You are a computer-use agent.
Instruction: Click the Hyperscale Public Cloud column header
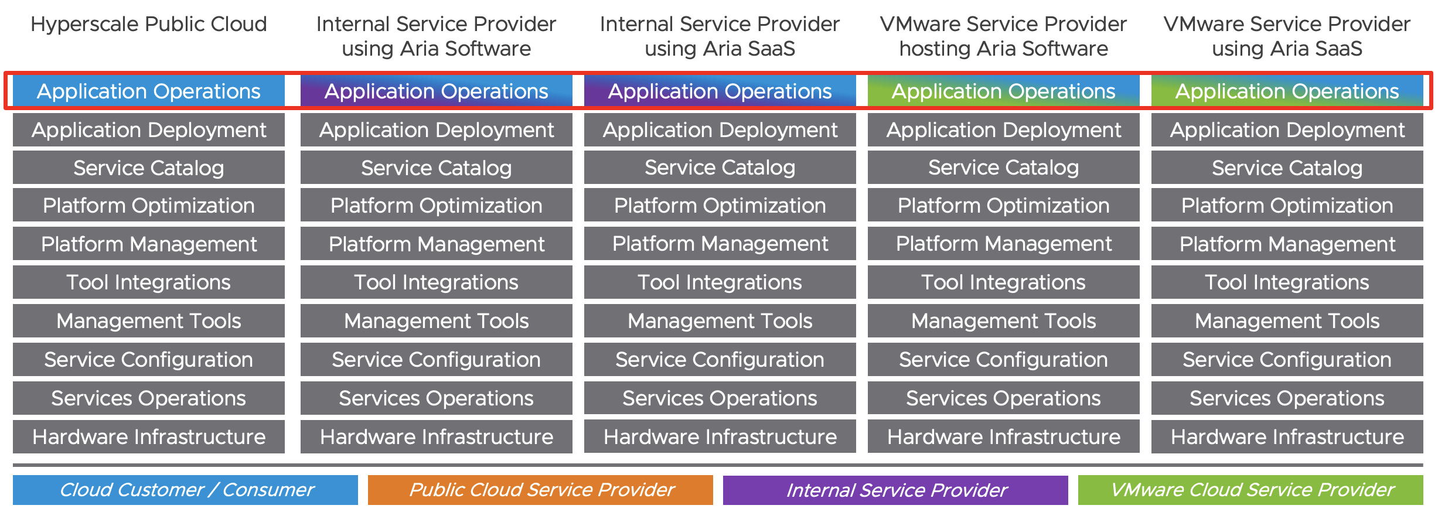click(x=149, y=24)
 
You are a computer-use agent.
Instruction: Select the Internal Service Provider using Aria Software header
click(x=436, y=36)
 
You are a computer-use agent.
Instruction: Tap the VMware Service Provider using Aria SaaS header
click(x=1287, y=36)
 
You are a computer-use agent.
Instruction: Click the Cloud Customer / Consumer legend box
click(x=185, y=490)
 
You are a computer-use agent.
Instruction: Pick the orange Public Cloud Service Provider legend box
click(x=540, y=490)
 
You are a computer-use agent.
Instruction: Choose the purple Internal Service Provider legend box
click(x=895, y=490)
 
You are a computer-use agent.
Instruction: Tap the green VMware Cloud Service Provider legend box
click(x=1250, y=490)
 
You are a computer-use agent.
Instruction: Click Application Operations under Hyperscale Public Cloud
click(x=149, y=91)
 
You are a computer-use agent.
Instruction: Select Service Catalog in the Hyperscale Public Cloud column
click(x=149, y=168)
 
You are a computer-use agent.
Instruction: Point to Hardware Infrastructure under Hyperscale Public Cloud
click(x=149, y=437)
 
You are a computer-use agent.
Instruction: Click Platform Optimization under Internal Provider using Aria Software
click(x=436, y=206)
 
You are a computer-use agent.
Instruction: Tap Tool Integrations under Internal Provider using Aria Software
click(x=436, y=282)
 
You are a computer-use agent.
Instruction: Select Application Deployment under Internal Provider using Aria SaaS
click(x=720, y=130)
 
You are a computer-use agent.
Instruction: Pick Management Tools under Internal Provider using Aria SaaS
click(x=720, y=321)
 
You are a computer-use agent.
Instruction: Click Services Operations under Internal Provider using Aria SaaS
click(x=720, y=398)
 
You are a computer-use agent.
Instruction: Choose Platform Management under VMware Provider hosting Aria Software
click(x=1003, y=244)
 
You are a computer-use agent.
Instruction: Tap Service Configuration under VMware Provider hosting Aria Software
click(x=1003, y=360)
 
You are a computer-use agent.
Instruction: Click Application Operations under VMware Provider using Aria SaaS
click(x=1287, y=91)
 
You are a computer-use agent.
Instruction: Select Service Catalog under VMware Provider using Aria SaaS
click(x=1287, y=168)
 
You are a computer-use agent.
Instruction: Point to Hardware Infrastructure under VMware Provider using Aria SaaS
click(x=1287, y=437)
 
